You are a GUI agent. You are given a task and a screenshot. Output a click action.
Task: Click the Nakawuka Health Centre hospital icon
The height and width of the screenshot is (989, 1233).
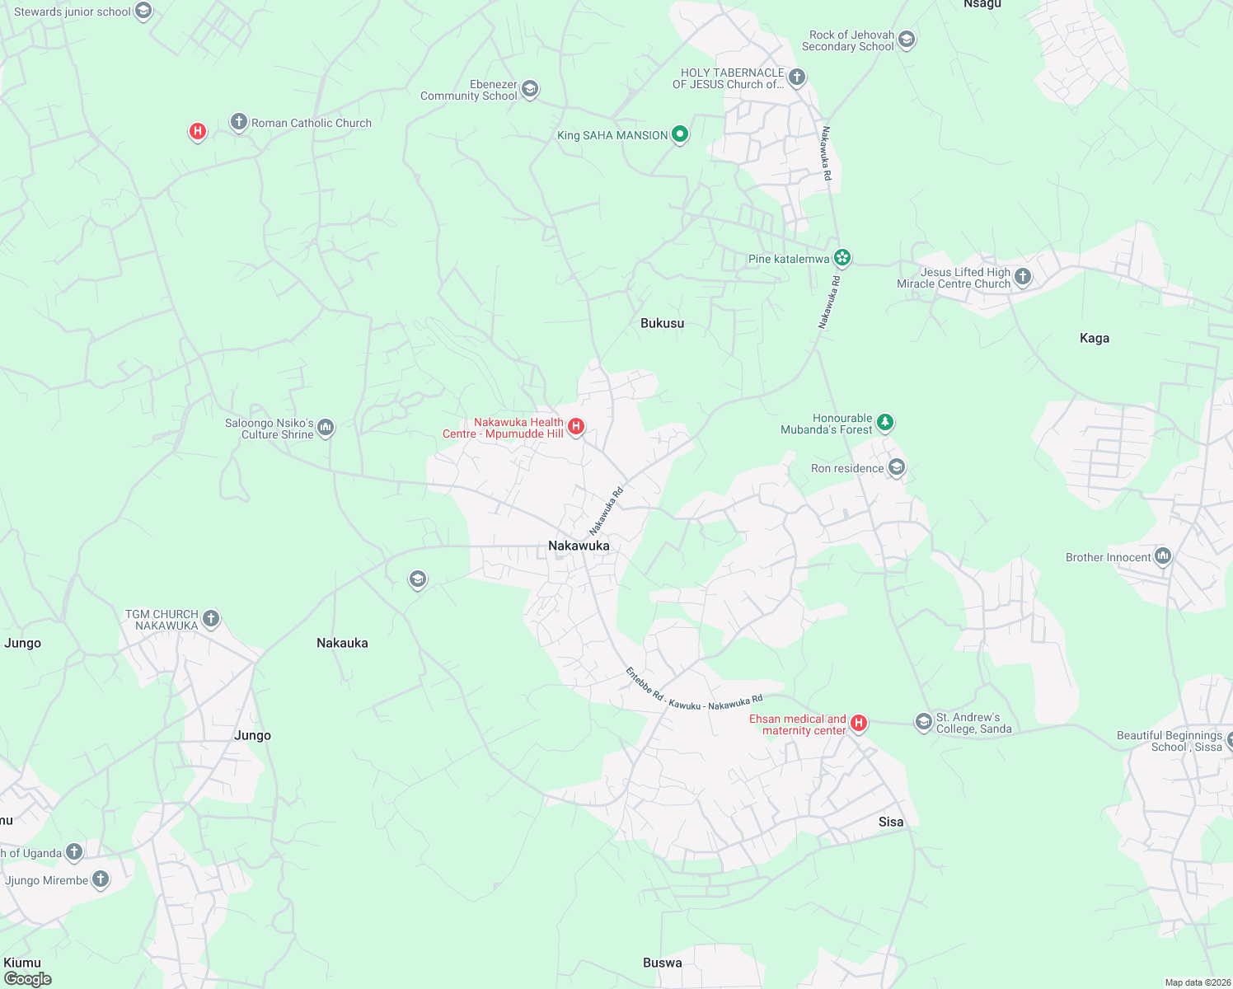click(577, 426)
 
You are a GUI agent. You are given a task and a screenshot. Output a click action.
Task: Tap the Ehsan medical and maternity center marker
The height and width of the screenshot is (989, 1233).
click(859, 723)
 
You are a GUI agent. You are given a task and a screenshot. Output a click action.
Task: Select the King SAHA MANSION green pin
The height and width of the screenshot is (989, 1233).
click(680, 134)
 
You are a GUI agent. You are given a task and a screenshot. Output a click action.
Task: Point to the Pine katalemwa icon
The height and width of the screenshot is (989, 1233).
click(842, 258)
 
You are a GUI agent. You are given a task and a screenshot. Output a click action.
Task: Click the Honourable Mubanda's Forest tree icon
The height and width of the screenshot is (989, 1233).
click(885, 423)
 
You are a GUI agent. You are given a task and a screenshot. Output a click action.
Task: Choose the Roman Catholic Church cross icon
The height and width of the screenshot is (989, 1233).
click(239, 123)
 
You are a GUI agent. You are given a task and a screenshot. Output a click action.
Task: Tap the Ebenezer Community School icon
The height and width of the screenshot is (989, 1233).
click(530, 89)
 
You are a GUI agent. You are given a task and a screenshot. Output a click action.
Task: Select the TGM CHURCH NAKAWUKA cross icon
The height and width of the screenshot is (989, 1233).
click(211, 618)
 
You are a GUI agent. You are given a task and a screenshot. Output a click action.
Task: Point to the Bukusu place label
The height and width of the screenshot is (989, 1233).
click(662, 323)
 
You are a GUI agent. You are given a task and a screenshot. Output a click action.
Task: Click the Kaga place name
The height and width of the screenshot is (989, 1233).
click(1094, 338)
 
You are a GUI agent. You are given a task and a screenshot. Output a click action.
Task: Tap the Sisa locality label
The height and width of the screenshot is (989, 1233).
click(891, 822)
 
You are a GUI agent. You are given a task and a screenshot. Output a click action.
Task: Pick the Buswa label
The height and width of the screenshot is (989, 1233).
click(662, 963)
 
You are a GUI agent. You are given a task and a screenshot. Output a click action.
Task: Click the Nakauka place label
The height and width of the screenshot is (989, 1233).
click(342, 643)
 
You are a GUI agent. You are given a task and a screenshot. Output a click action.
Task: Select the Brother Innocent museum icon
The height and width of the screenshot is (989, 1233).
click(1163, 556)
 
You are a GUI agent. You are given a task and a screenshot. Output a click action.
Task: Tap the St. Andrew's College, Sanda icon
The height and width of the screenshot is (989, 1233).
click(924, 722)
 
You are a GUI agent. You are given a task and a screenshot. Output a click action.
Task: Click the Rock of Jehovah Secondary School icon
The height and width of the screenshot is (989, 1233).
click(907, 40)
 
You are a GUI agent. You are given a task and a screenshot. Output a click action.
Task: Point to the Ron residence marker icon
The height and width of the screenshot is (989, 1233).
click(897, 467)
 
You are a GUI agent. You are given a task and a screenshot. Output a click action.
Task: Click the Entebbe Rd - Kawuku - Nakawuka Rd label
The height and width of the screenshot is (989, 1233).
click(694, 691)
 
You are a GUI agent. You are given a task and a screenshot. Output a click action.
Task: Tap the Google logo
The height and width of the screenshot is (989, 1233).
click(28, 979)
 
